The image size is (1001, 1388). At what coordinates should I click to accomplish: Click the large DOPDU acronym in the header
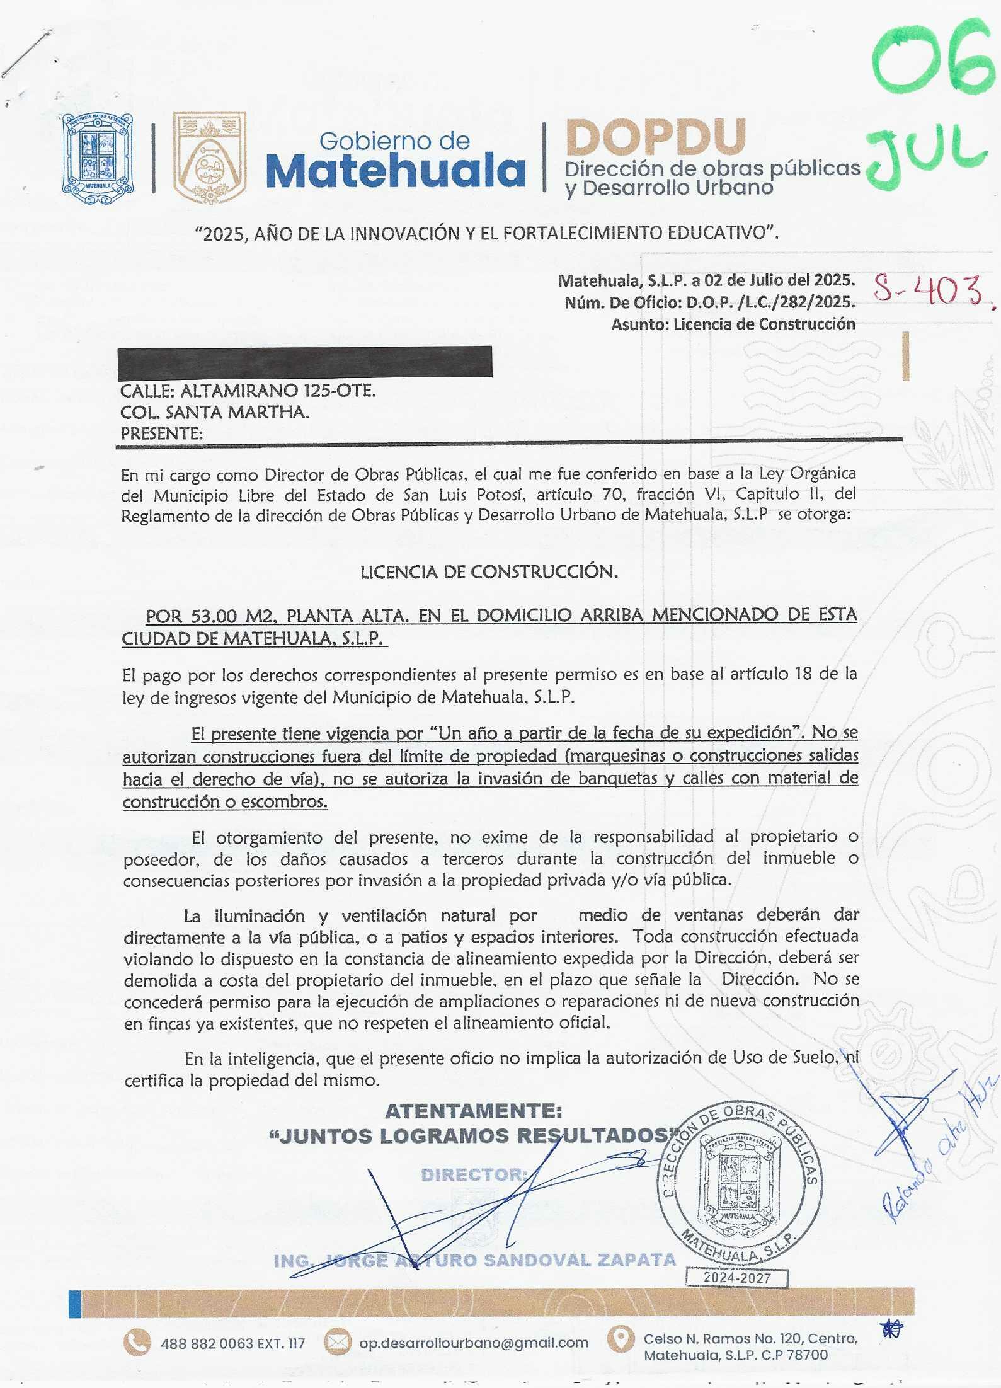[x=656, y=137]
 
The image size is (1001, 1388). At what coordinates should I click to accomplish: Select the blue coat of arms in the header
[x=98, y=158]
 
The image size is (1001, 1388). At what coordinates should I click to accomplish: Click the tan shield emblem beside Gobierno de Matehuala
[x=209, y=158]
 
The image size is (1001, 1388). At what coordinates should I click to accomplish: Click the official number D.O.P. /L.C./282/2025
[x=770, y=302]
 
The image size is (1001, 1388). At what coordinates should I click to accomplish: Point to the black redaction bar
[x=305, y=361]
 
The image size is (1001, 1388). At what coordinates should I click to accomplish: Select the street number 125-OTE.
[x=340, y=391]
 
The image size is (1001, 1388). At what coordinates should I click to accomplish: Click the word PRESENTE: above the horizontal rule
[x=162, y=433]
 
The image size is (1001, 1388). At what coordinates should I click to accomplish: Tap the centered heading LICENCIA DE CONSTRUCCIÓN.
[x=489, y=572]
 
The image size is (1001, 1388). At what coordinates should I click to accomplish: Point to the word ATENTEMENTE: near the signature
[x=473, y=1111]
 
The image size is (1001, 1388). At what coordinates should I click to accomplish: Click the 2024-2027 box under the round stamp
[x=737, y=1278]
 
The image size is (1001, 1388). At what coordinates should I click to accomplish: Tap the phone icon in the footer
[x=137, y=1343]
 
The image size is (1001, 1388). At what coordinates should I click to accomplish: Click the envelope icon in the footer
[x=338, y=1343]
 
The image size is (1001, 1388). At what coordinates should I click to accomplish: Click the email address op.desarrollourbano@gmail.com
[x=474, y=1343]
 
